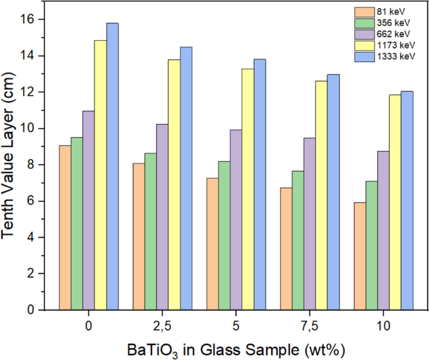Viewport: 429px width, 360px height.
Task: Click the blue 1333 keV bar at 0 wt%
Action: pos(112,167)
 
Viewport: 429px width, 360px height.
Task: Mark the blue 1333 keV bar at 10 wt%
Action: pos(407,200)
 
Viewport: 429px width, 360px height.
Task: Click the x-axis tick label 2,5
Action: pos(162,326)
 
